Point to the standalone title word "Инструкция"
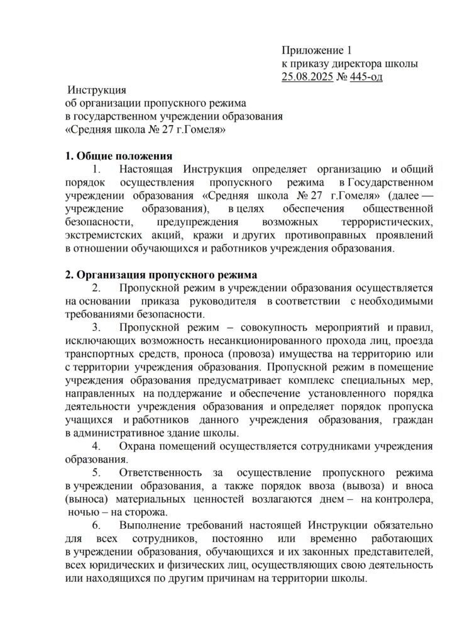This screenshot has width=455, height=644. (97, 89)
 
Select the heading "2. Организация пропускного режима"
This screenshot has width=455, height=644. (160, 274)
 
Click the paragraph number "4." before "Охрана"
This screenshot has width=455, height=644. (97, 447)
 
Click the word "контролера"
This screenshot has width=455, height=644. (407, 499)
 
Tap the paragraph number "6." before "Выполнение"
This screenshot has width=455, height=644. (97, 525)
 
